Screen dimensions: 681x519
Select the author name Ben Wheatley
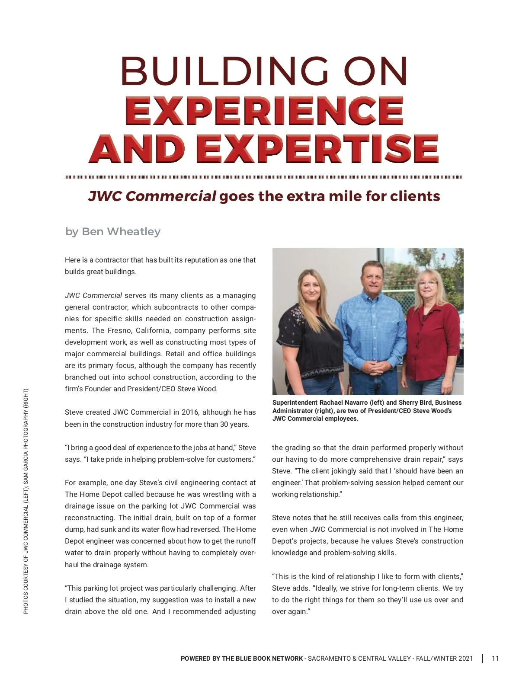click(x=121, y=232)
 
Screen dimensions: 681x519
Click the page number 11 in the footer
click(x=495, y=659)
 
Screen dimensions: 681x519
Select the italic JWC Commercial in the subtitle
click(x=152, y=196)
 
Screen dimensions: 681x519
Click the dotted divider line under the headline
click(x=264, y=177)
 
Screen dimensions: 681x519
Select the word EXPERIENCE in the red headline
click(x=264, y=111)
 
